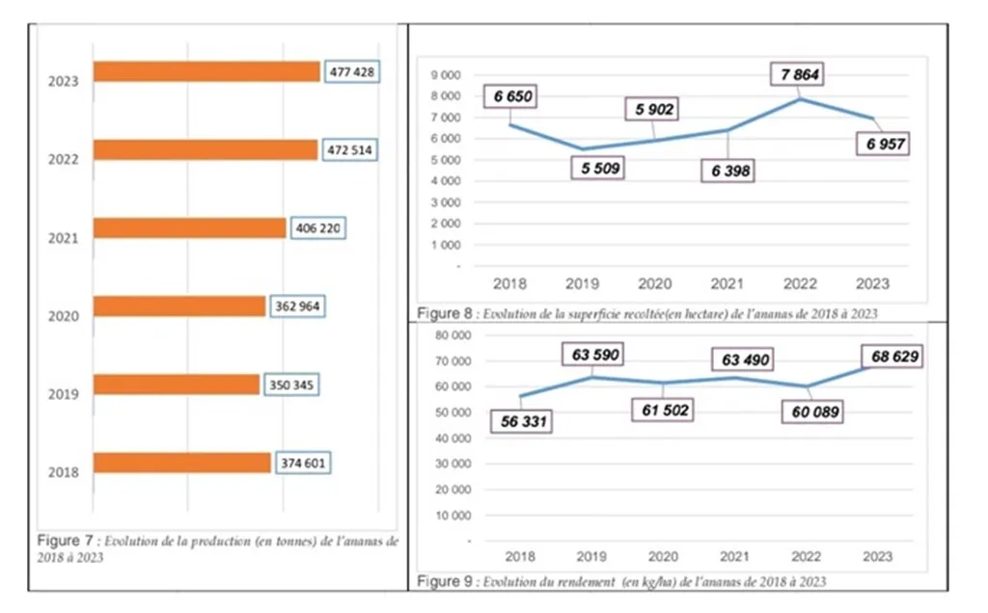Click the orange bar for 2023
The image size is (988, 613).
[206, 72]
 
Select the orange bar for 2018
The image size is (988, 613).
[182, 464]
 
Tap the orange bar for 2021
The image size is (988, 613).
[190, 228]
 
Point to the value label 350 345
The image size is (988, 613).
[291, 385]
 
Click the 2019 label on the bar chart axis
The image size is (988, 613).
[64, 394]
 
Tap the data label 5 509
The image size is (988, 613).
[596, 168]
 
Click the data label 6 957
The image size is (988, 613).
[884, 144]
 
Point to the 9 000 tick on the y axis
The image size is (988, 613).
[446, 75]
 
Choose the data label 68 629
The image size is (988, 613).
[893, 357]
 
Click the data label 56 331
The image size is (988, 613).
[521, 421]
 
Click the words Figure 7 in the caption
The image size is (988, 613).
[61, 542]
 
